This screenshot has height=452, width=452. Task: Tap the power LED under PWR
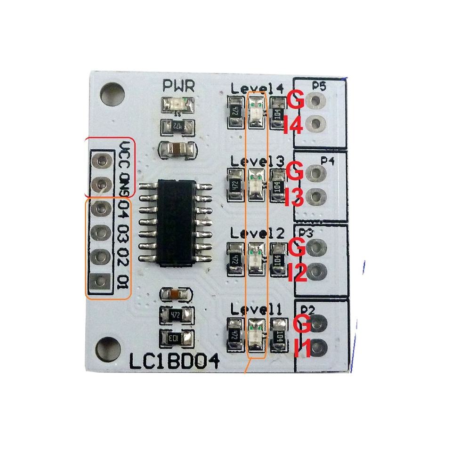click(x=177, y=105)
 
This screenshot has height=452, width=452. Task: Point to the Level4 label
click(x=257, y=88)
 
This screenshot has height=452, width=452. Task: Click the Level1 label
click(x=256, y=309)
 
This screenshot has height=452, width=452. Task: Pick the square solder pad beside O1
click(x=100, y=282)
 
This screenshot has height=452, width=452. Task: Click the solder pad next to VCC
click(x=100, y=160)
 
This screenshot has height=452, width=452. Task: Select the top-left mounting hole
click(x=112, y=92)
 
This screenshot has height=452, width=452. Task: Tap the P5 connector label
click(x=319, y=86)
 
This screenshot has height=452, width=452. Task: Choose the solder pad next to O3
click(x=100, y=232)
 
